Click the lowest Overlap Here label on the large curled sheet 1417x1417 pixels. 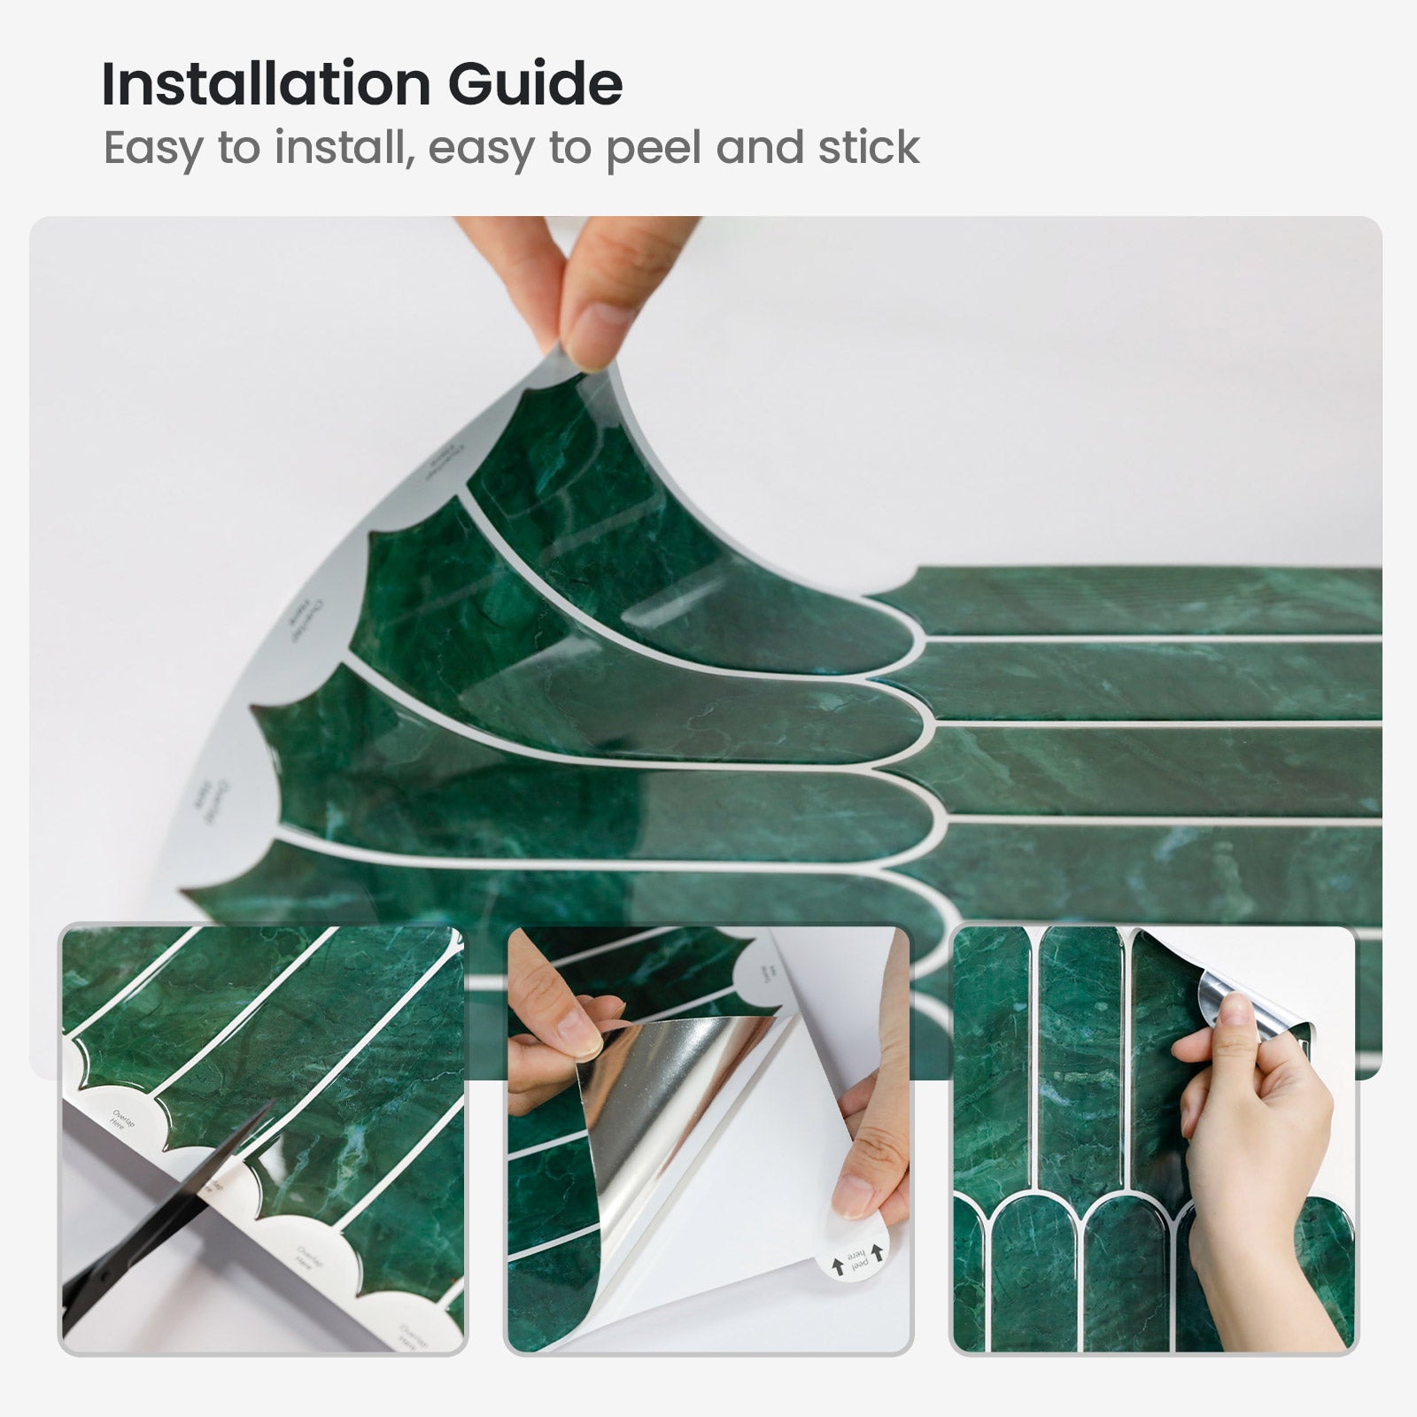tap(202, 802)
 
